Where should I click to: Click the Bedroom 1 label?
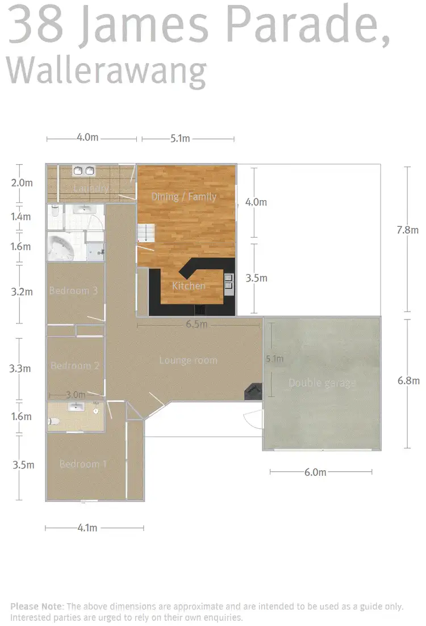click(x=83, y=464)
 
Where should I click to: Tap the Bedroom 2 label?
click(x=75, y=366)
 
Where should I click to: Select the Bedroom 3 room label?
click(x=73, y=291)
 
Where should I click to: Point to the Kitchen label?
click(x=189, y=285)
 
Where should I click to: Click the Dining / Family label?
click(x=183, y=197)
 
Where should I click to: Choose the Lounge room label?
click(x=188, y=360)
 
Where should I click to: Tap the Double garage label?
click(x=322, y=383)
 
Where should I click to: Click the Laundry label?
click(x=90, y=188)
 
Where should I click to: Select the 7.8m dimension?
click(x=407, y=230)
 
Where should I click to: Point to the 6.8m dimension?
click(x=408, y=381)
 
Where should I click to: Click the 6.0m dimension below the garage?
click(x=315, y=472)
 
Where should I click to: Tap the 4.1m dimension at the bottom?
click(x=87, y=528)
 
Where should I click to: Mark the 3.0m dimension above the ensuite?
click(x=76, y=395)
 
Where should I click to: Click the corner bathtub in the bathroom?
click(x=63, y=248)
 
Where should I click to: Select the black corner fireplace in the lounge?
click(x=253, y=391)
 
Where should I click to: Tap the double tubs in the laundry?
click(x=84, y=171)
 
